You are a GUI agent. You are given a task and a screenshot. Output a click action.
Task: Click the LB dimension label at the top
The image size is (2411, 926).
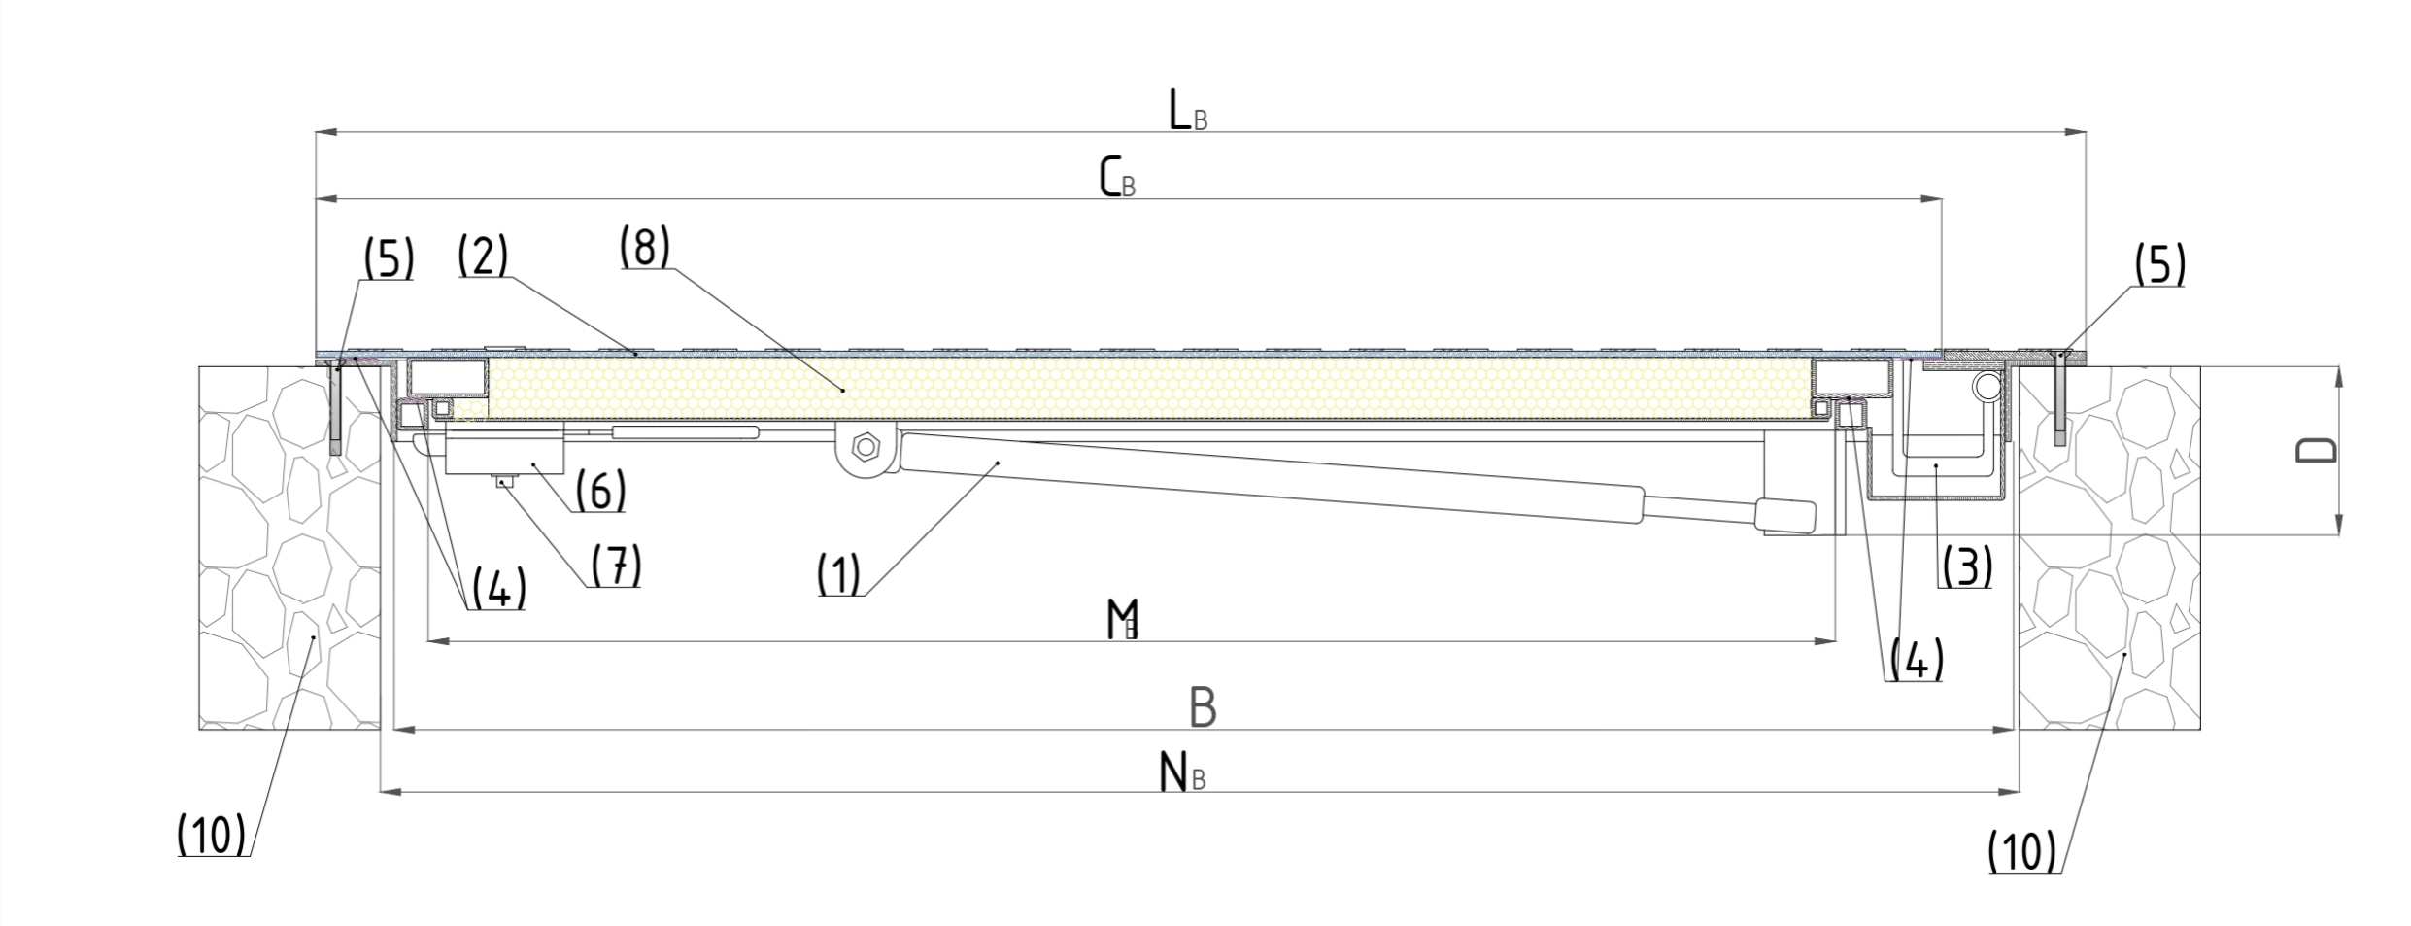[1188, 112]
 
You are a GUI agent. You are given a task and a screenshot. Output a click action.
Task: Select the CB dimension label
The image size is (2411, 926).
[1117, 178]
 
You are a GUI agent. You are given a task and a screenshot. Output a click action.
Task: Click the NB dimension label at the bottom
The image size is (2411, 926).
[1182, 772]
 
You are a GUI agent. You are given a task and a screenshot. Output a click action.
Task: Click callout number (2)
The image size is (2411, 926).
[483, 255]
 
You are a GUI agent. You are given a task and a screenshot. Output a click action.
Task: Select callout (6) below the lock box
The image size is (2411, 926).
[599, 490]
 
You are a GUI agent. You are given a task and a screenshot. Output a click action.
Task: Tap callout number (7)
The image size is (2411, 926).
[616, 566]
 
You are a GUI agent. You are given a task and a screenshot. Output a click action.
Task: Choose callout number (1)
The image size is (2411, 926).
[838, 573]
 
